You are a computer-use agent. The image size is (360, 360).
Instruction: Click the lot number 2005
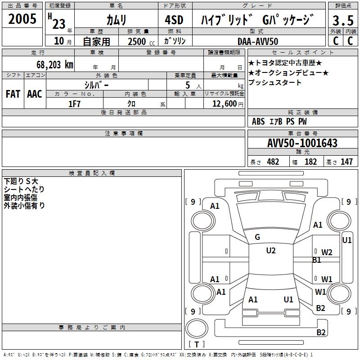[x=22, y=19]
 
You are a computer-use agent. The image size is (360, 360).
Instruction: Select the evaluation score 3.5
[x=342, y=21]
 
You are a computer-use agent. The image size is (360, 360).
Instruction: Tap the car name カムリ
[x=116, y=20]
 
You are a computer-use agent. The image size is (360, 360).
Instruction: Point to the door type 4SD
[x=175, y=20]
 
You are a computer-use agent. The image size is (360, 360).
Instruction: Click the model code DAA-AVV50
[x=258, y=41]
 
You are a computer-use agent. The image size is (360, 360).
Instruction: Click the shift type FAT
[x=13, y=94]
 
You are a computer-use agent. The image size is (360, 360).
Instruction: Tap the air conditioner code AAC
[x=35, y=94]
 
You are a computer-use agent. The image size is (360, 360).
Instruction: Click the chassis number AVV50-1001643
[x=302, y=143]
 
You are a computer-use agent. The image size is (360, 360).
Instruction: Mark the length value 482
[x=273, y=162]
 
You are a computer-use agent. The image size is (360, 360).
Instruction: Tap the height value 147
[x=346, y=162]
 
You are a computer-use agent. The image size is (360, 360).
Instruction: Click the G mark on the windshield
[x=257, y=237]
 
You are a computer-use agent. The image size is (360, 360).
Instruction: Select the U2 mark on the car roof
[x=270, y=251]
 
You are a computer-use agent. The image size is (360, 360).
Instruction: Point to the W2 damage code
[x=327, y=252]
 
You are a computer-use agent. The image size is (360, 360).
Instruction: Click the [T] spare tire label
[x=196, y=345]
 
